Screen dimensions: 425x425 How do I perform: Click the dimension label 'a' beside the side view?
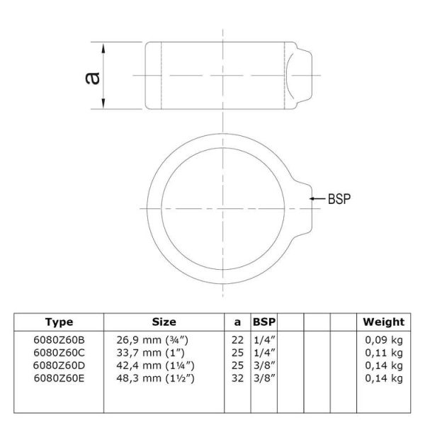pyautogui.click(x=92, y=78)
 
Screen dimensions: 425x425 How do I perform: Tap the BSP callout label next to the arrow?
pyautogui.click(x=339, y=198)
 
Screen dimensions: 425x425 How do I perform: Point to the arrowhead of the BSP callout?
pyautogui.click(x=312, y=198)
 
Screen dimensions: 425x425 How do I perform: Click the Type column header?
pyautogui.click(x=59, y=322)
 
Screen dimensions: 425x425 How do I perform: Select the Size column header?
pyautogui.click(x=164, y=322)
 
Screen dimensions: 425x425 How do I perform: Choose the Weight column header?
pyautogui.click(x=383, y=322)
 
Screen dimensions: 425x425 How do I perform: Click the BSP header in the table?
pyautogui.click(x=264, y=322)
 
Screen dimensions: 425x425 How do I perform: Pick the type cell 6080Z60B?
pyautogui.click(x=59, y=340)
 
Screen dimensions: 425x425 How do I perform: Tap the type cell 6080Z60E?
pyautogui.click(x=59, y=378)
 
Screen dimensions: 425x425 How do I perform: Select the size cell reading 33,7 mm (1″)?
pyautogui.click(x=151, y=353)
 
